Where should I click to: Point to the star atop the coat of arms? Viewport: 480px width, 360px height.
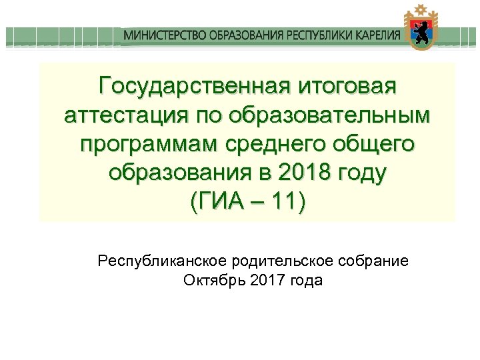pyautogui.click(x=421, y=9)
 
